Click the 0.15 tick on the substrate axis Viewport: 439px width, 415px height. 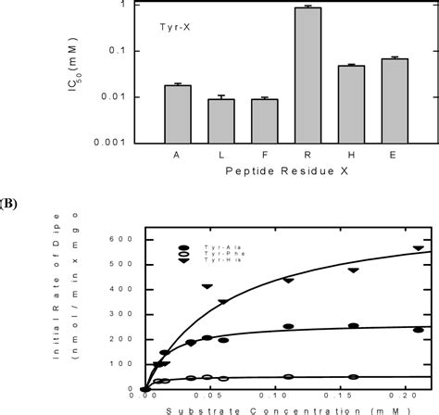tap(353, 394)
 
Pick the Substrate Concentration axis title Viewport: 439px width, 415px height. tap(274, 409)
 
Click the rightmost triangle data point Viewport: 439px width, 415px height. tap(418, 248)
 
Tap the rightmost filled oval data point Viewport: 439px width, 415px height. tap(418, 330)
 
